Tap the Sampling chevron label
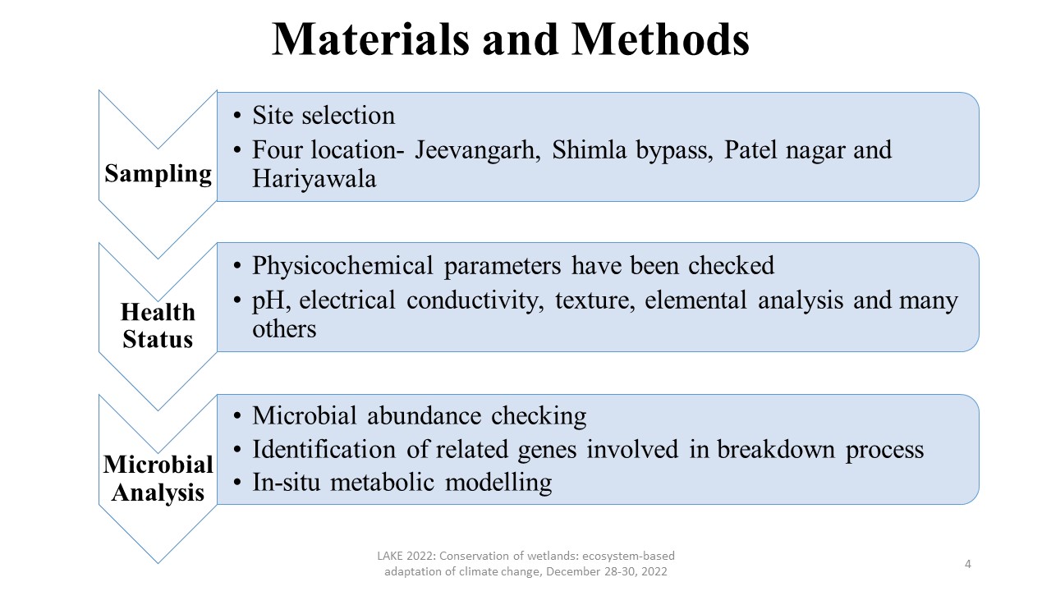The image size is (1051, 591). point(158,174)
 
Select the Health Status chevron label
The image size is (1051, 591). point(158,325)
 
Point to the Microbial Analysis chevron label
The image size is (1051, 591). point(158,479)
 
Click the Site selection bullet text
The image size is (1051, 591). point(324,116)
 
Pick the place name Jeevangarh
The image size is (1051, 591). point(476,151)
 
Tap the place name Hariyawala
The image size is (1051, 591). point(314,179)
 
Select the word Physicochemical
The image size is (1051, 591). point(343,267)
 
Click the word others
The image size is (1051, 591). point(284,329)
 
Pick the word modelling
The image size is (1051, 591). point(498,483)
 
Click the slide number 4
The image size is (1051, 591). point(968,564)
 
